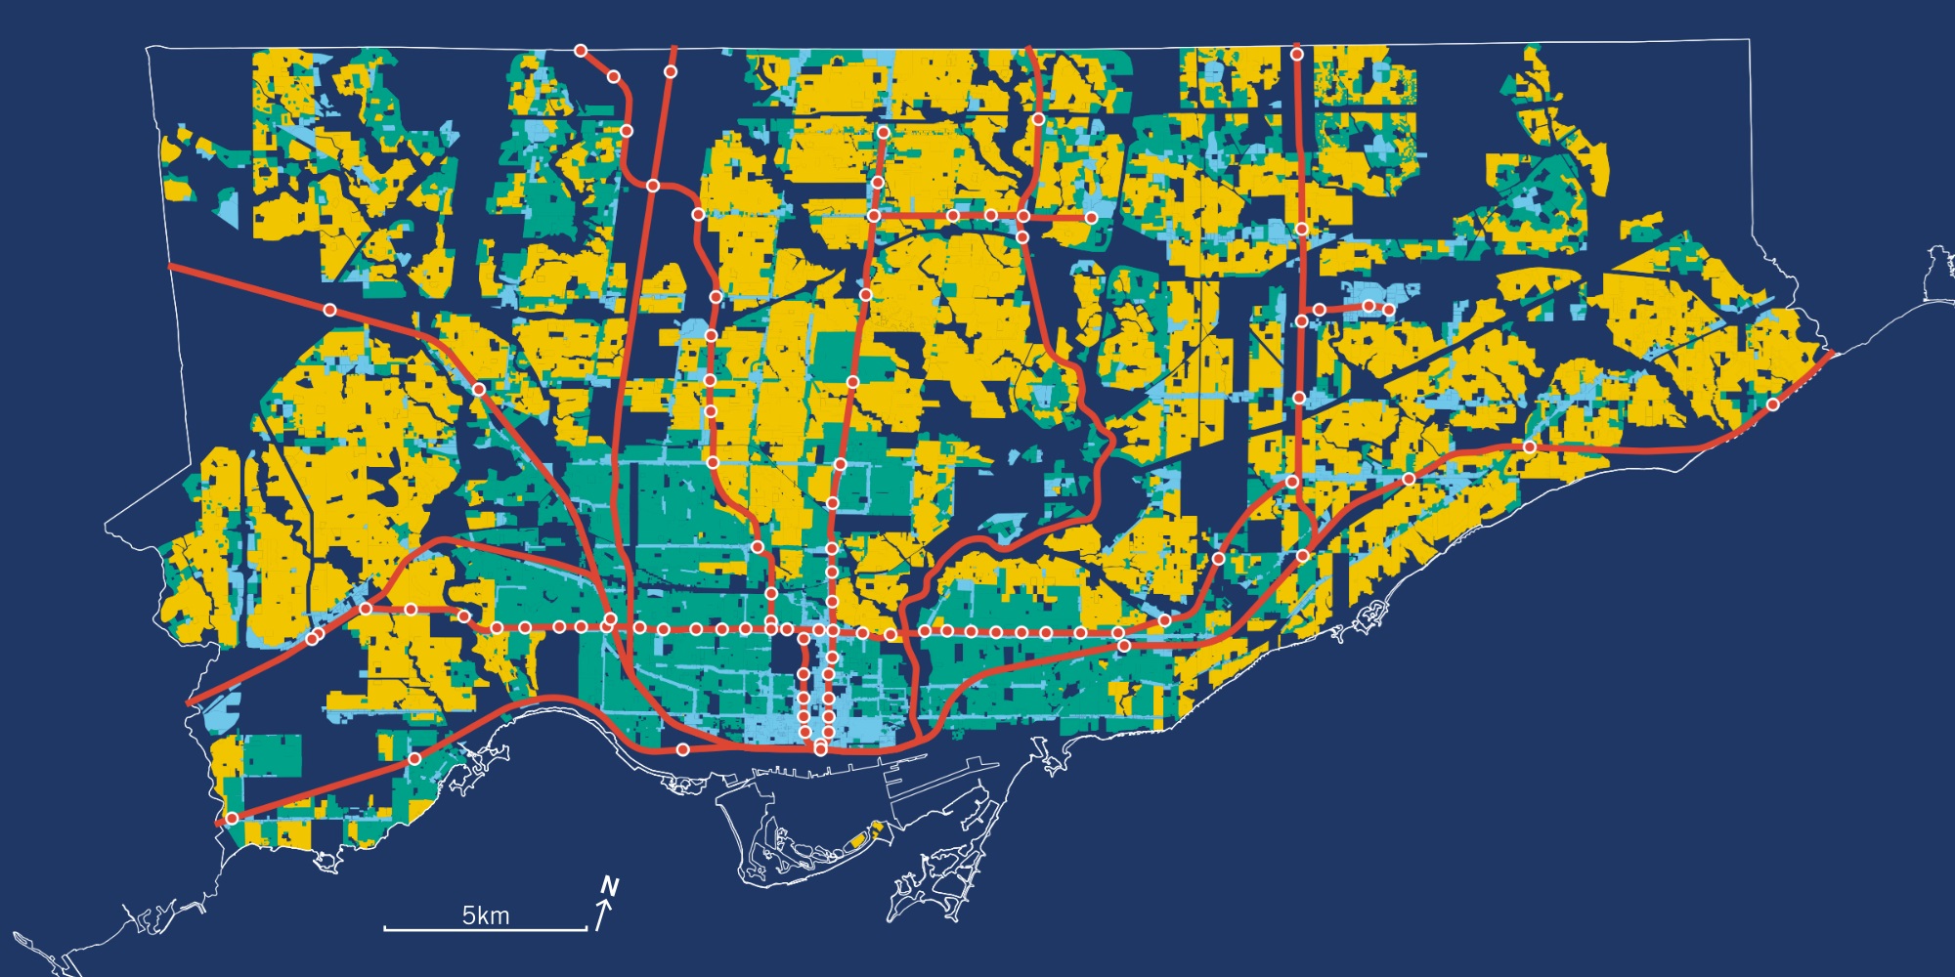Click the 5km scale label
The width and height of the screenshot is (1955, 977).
[486, 915]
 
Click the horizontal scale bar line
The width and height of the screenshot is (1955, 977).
[485, 929]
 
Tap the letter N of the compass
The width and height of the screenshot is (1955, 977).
[610, 887]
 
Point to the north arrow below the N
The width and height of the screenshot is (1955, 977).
[603, 916]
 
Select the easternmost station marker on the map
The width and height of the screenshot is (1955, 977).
[1773, 404]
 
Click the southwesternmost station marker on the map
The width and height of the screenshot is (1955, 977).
[232, 819]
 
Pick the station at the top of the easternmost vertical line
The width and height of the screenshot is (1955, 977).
[1297, 54]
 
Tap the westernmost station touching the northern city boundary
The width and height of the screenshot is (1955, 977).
[581, 50]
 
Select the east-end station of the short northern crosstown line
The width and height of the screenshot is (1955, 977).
[1091, 217]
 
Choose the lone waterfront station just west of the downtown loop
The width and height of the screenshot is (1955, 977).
[683, 749]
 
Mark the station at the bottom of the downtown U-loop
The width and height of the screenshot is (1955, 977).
[820, 749]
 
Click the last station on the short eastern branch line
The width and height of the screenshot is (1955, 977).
[1388, 310]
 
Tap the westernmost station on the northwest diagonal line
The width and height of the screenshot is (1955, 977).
[329, 310]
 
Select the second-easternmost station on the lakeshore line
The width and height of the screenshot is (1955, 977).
[1530, 446]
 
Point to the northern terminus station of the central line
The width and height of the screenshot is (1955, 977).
[883, 132]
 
